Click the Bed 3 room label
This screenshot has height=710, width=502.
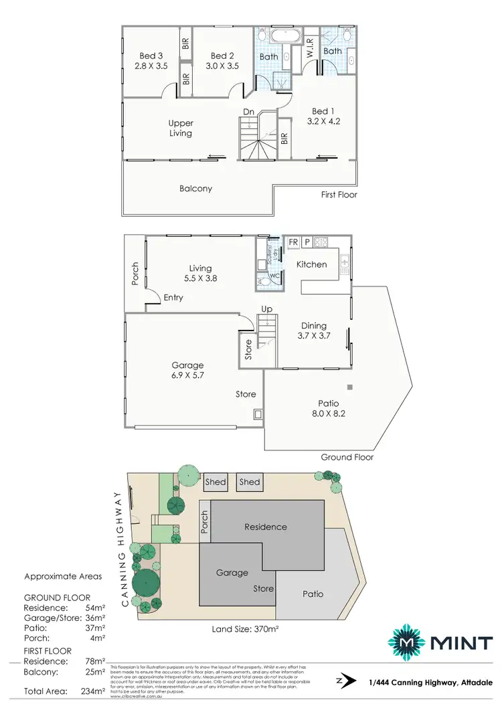pos(151,61)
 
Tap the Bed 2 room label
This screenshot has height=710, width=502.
pos(222,61)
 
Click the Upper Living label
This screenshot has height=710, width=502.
pos(181,128)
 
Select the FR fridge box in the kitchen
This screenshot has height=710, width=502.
pos(292,242)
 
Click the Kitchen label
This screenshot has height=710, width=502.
pos(312,264)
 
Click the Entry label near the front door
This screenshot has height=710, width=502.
pos(173,298)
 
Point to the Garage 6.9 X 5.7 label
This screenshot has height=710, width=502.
pos(187,370)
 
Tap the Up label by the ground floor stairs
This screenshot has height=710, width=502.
pos(266,310)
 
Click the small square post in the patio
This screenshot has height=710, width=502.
pos(349,387)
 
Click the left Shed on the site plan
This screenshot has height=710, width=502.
pos(216,482)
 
